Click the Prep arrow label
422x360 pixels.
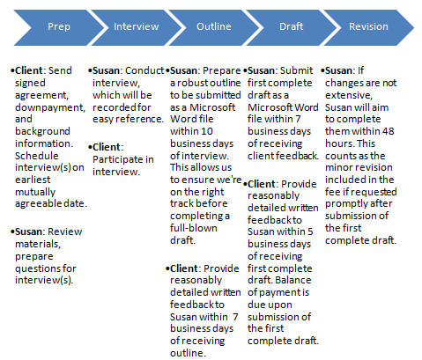tap(59, 26)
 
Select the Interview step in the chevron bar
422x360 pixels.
tap(137, 26)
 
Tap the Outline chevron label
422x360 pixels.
tap(214, 26)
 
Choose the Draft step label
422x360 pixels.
tap(291, 26)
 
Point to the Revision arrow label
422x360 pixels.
tap(368, 26)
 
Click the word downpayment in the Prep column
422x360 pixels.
tap(50, 107)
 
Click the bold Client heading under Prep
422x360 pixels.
tap(29, 70)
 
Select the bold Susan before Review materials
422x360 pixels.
tap(28, 231)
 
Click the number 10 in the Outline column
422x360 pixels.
tap(207, 131)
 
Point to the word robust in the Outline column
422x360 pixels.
tap(192, 83)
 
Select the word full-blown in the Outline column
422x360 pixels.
tap(194, 228)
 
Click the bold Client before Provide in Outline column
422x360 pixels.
tap(184, 268)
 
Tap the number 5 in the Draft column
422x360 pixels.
tap(310, 231)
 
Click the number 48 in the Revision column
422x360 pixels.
tap(388, 131)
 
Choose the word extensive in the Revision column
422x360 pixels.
tap(349, 95)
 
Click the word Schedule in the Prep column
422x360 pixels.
tap(37, 156)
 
